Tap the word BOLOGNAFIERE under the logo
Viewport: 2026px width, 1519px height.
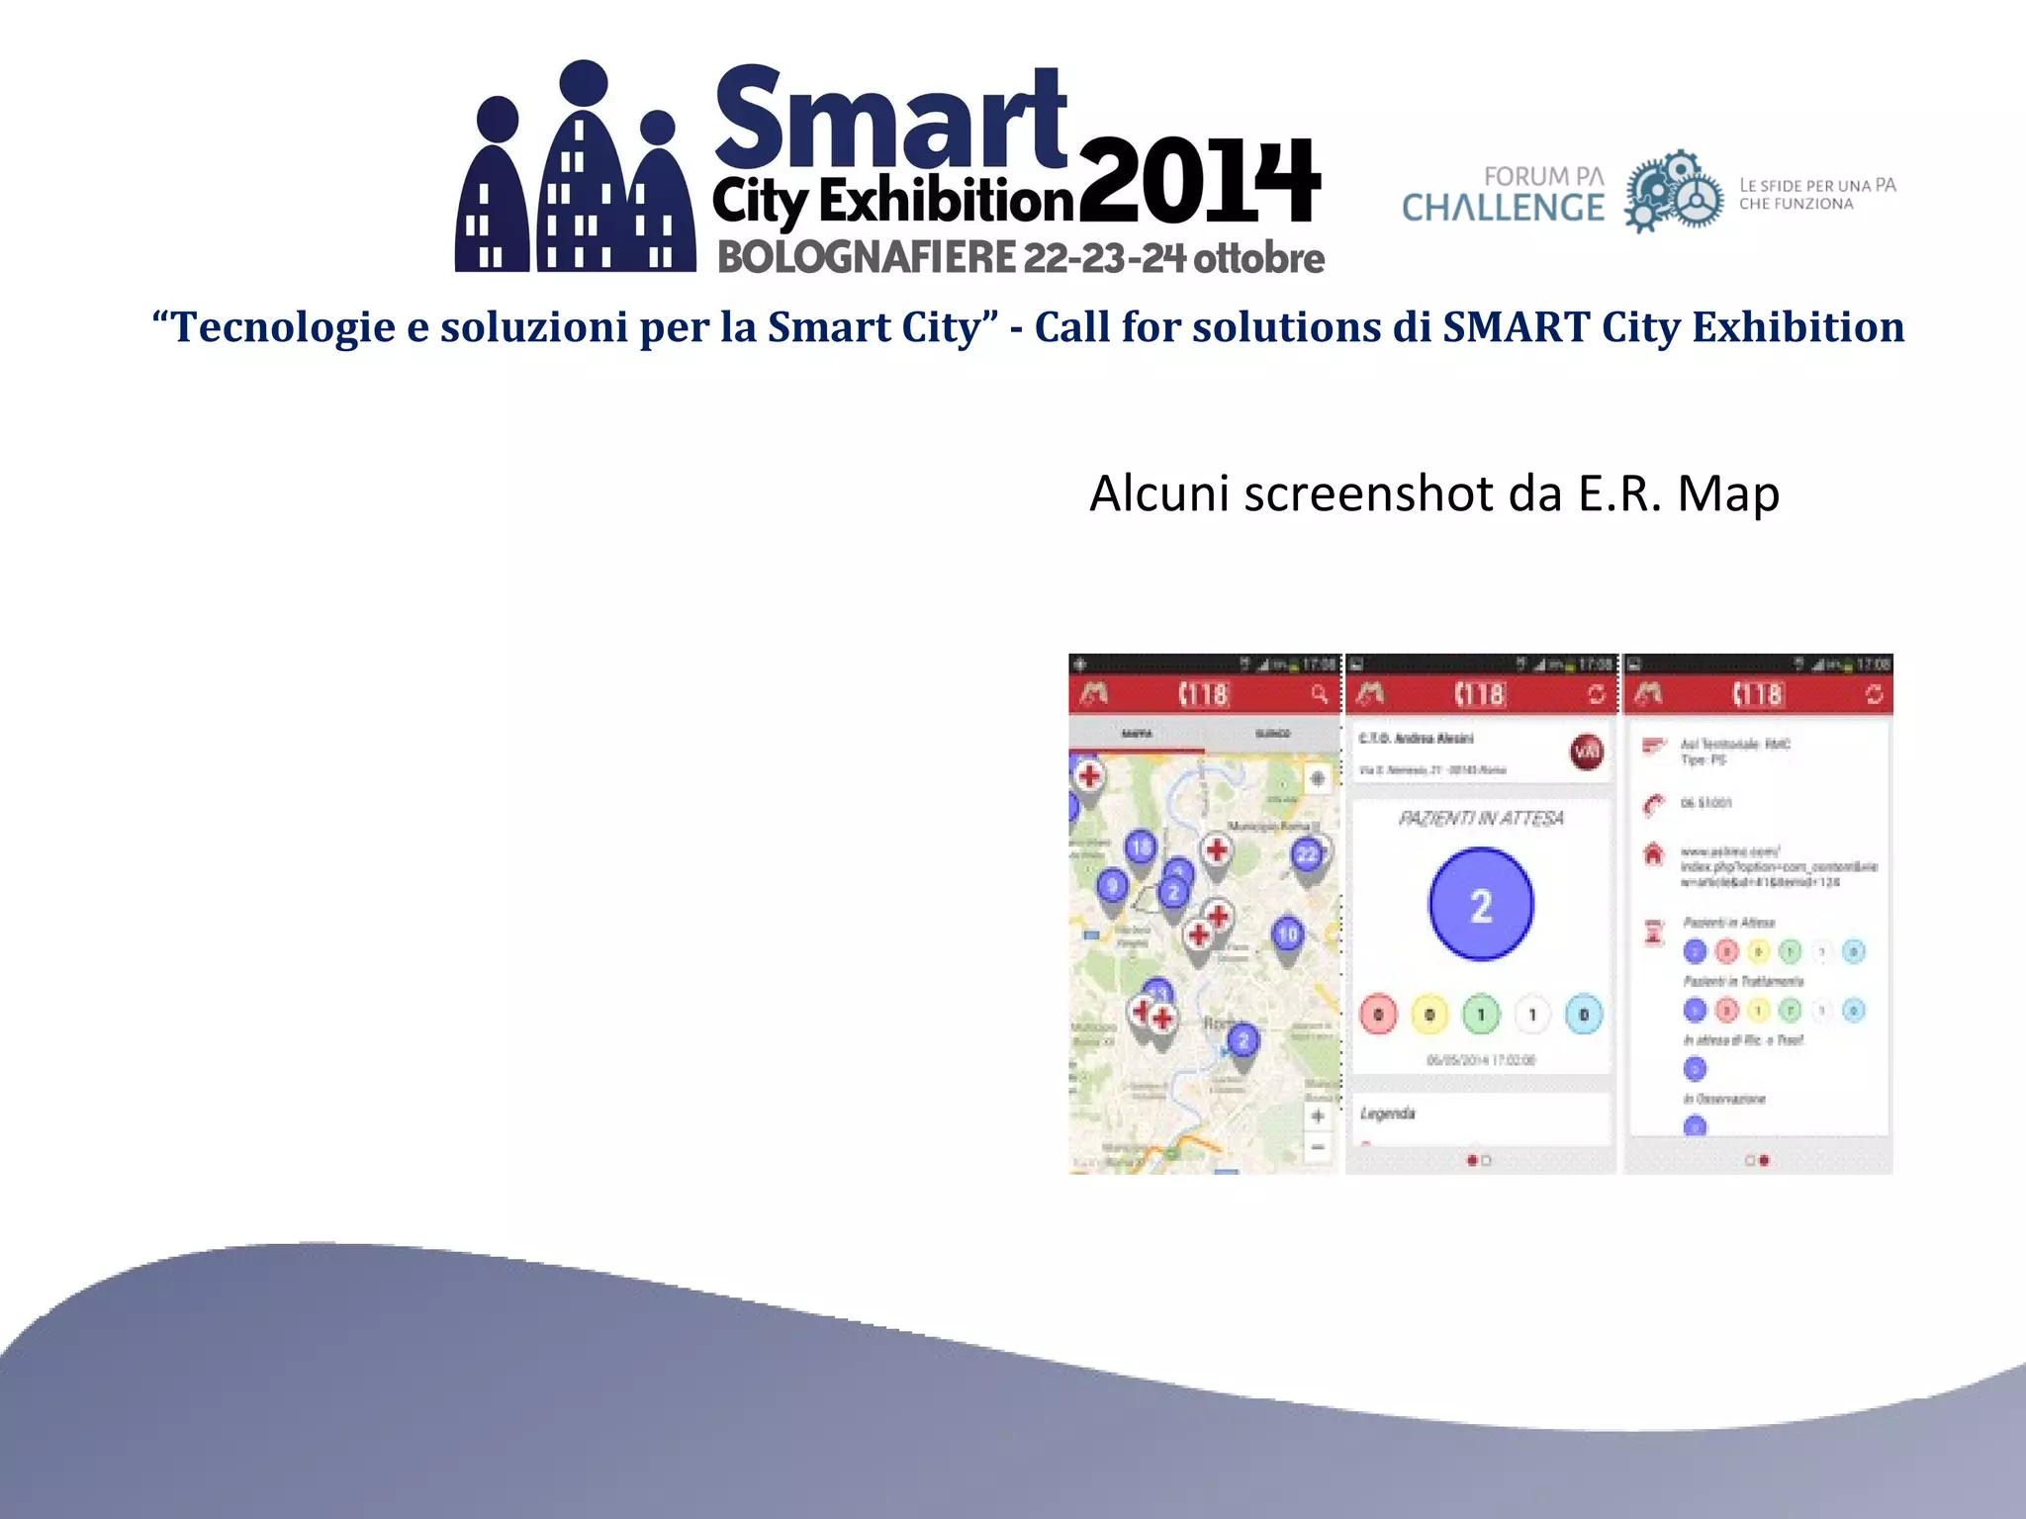pyautogui.click(x=866, y=258)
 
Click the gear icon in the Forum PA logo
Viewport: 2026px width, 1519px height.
pyautogui.click(x=1673, y=192)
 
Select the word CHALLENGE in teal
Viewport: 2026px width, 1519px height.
pyautogui.click(x=1503, y=208)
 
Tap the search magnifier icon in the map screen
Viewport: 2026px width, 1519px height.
pyautogui.click(x=1319, y=694)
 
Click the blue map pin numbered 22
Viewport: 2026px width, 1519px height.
pyautogui.click(x=1307, y=854)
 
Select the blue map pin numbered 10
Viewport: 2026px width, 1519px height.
pyautogui.click(x=1287, y=934)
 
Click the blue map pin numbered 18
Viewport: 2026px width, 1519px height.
pyautogui.click(x=1141, y=847)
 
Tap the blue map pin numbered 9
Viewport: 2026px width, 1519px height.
pyautogui.click(x=1113, y=885)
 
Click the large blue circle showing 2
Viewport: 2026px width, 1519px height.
pyautogui.click(x=1481, y=904)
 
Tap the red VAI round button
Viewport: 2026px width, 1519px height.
pyautogui.click(x=1587, y=753)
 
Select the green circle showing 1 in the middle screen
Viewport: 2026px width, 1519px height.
pyautogui.click(x=1481, y=1015)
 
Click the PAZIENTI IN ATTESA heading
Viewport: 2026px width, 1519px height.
pyautogui.click(x=1481, y=818)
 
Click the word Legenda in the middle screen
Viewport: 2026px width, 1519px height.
pyautogui.click(x=1387, y=1114)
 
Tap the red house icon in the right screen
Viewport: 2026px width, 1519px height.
pyautogui.click(x=1653, y=853)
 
